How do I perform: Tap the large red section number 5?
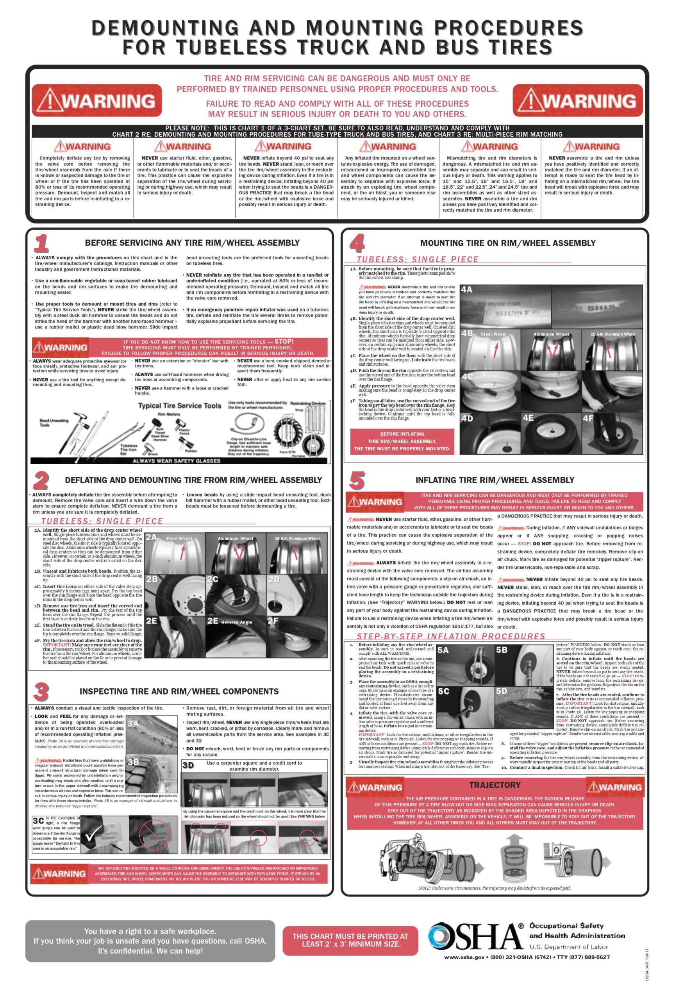(x=357, y=480)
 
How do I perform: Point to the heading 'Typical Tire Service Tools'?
(x=179, y=405)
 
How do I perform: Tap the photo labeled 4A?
(x=505, y=306)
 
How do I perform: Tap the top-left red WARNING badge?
(x=97, y=101)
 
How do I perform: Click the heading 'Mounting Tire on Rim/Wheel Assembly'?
(x=508, y=243)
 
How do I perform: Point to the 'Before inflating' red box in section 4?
(x=402, y=441)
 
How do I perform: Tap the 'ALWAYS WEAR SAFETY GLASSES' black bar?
(x=177, y=461)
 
